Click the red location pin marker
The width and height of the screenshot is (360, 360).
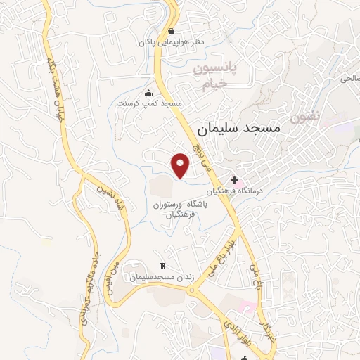[x=181, y=165]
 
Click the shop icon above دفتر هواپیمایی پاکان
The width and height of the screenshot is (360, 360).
[x=172, y=31]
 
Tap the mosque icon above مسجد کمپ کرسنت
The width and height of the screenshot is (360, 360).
[x=148, y=94]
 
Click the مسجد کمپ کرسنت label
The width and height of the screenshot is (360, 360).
[x=148, y=104]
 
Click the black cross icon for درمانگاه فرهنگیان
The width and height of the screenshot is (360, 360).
[x=234, y=180]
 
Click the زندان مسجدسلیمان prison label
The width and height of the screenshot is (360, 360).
[x=158, y=278]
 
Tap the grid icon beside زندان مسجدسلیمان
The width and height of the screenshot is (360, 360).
[x=162, y=266]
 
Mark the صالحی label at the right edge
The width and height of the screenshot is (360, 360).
[x=349, y=78]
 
